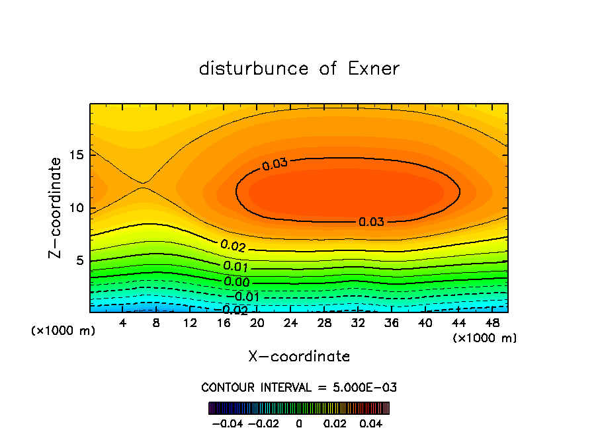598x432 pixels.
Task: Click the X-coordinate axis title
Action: click(299, 357)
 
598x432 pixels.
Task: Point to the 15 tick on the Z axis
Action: click(79, 155)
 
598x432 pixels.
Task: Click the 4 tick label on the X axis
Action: click(123, 323)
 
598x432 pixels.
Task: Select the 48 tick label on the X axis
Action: click(491, 323)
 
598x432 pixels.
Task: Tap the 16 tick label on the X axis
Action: click(224, 323)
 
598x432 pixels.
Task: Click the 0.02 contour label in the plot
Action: click(233, 246)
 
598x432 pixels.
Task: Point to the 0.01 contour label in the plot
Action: click(235, 267)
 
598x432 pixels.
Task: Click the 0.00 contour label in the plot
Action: click(237, 282)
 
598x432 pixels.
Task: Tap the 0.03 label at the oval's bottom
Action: click(371, 222)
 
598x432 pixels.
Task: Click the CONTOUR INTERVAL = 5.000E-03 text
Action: click(299, 387)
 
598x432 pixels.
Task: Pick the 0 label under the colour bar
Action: click(299, 423)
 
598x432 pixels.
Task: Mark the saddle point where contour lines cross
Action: click(143, 186)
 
